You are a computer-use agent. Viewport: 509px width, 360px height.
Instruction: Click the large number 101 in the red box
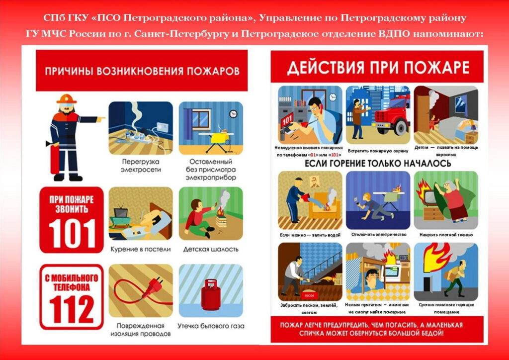click(72, 233)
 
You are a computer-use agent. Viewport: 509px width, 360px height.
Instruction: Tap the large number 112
click(72, 310)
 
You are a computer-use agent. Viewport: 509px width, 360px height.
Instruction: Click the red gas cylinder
click(211, 294)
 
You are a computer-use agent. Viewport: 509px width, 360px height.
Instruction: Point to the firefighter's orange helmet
click(67, 98)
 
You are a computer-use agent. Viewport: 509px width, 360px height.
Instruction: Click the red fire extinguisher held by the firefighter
click(55, 158)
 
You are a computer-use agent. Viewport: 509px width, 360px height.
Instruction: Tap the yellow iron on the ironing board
click(220, 138)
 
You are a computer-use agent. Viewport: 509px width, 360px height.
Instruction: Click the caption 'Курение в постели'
click(141, 249)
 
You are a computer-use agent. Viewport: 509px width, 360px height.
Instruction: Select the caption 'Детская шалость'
click(211, 249)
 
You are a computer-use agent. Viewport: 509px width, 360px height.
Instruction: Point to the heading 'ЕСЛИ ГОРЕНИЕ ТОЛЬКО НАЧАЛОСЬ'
click(378, 163)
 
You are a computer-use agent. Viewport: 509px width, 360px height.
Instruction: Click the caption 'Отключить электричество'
click(378, 234)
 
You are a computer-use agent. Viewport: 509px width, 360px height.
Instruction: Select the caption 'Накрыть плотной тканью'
click(446, 235)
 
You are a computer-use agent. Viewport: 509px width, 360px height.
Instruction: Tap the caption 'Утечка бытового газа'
click(211, 326)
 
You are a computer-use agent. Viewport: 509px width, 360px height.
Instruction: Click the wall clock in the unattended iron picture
click(233, 113)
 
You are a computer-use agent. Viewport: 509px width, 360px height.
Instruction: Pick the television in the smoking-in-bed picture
click(121, 213)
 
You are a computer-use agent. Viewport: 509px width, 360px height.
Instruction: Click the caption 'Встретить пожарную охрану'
click(378, 151)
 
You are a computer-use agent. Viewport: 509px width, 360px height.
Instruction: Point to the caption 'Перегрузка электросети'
click(141, 166)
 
